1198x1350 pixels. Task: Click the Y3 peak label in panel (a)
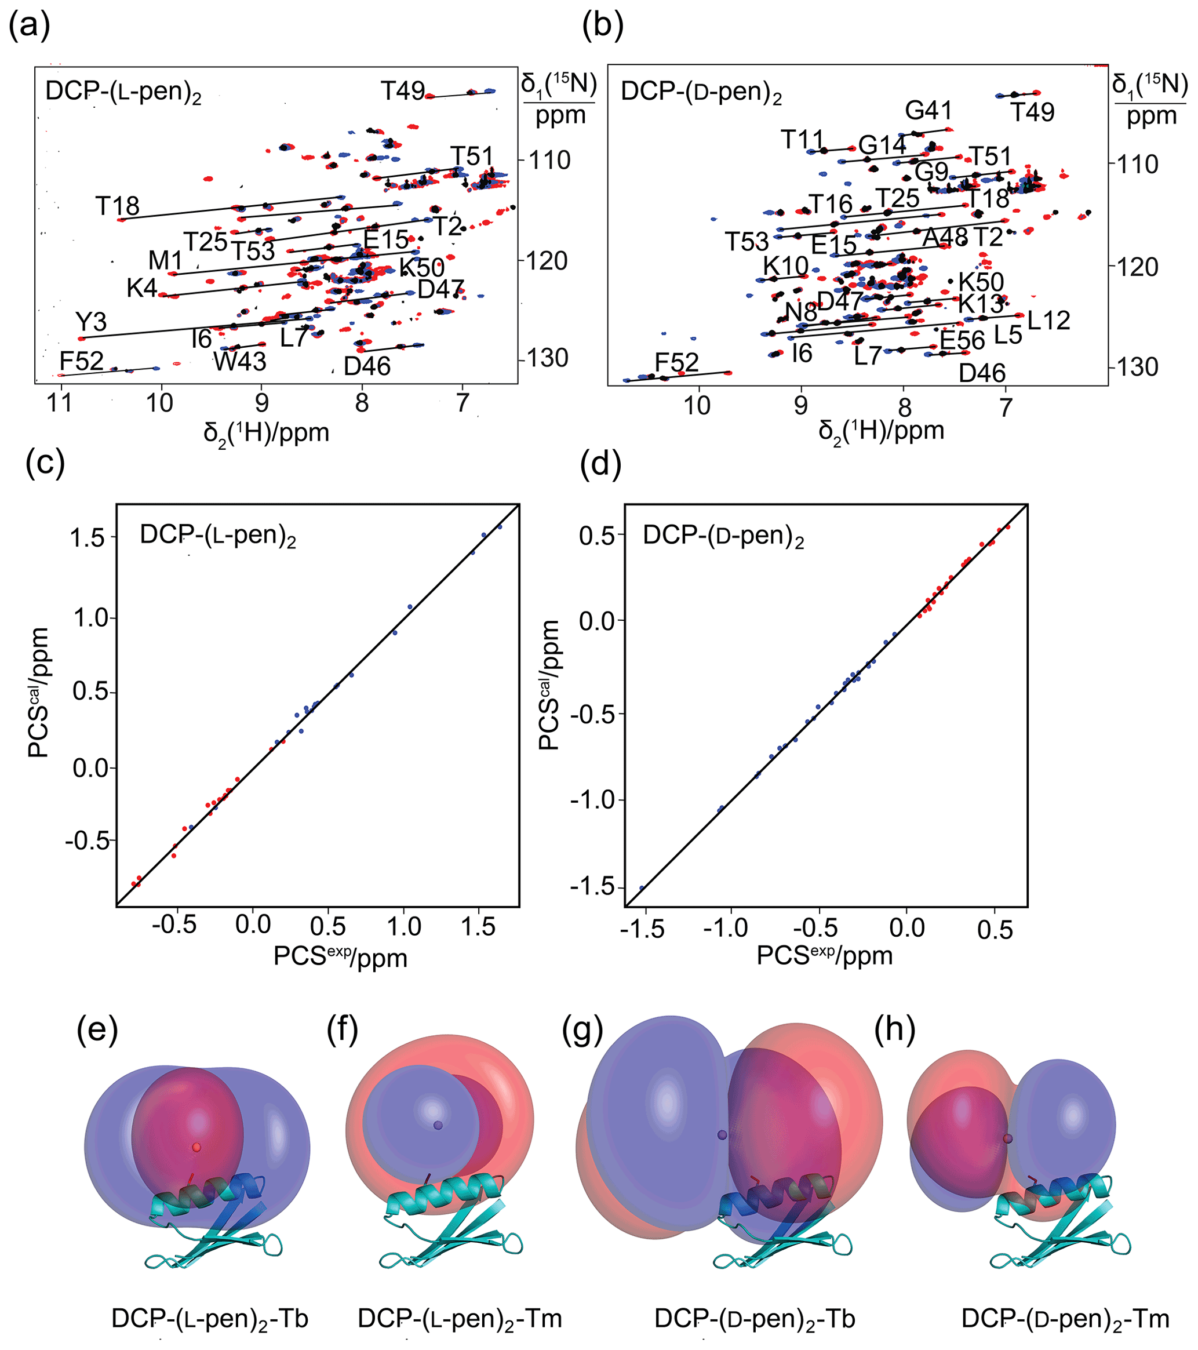pos(91,322)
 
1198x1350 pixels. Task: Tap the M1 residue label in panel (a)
pos(165,260)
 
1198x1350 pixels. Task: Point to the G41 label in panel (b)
pos(928,110)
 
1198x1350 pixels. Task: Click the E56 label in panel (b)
pos(962,341)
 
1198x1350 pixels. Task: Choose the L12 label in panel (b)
pos(1048,321)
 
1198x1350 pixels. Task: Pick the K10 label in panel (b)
pos(785,266)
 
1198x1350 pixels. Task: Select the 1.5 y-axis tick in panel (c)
pos(89,537)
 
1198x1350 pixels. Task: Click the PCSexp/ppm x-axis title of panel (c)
pos(340,958)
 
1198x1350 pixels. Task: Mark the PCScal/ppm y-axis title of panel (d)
pos(549,685)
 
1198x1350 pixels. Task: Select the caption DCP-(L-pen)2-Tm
pos(460,1319)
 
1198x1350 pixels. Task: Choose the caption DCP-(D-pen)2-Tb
pos(754,1319)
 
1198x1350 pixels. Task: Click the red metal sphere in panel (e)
pos(196,1147)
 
